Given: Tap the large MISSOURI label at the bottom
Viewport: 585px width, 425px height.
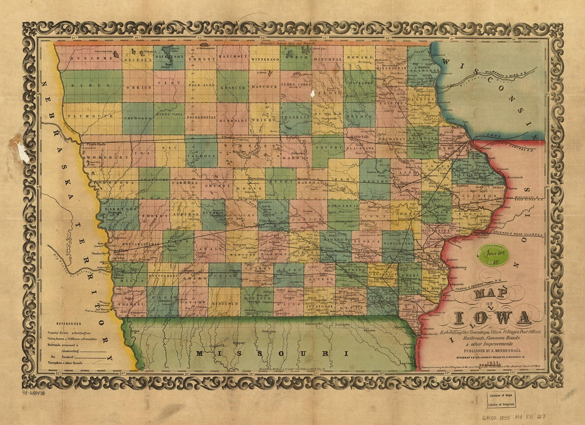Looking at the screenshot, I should pyautogui.click(x=272, y=353).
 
